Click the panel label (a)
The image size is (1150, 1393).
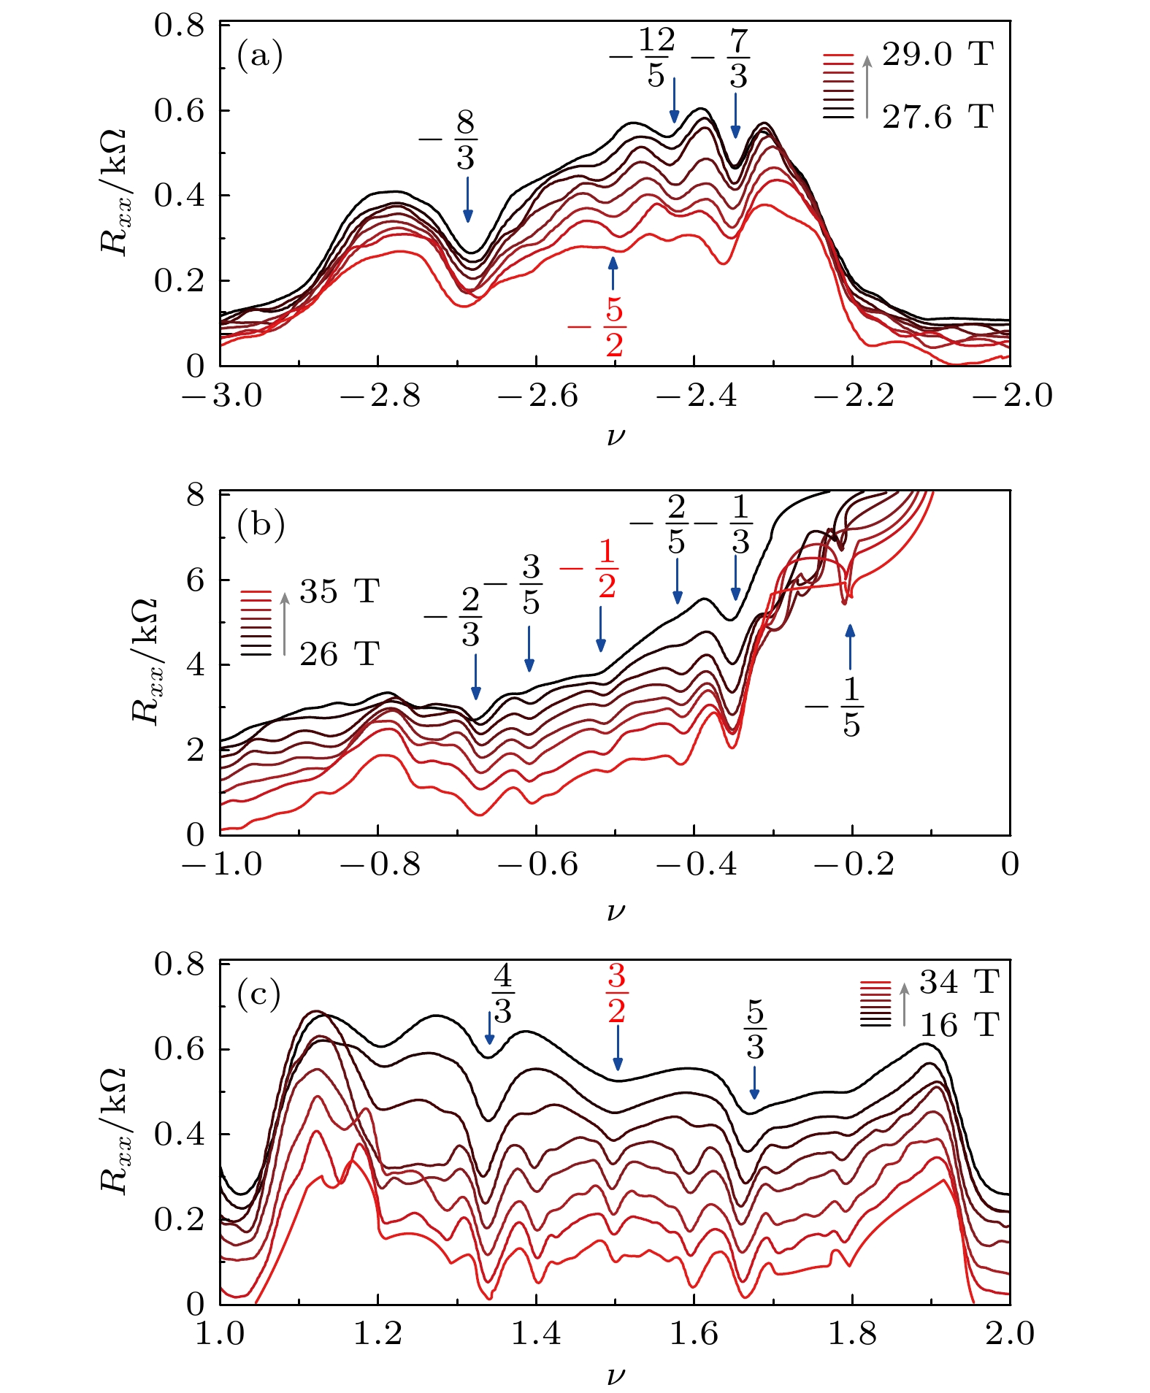click(x=259, y=56)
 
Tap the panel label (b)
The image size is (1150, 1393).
click(x=261, y=526)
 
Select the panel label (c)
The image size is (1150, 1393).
click(x=259, y=994)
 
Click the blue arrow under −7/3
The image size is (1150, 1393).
click(x=735, y=116)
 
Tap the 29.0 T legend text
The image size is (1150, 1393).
click(x=938, y=54)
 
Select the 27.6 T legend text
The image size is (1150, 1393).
click(x=938, y=117)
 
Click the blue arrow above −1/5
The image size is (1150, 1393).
click(x=849, y=647)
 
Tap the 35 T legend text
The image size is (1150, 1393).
click(x=339, y=591)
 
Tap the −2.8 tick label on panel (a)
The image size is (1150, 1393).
click(x=380, y=396)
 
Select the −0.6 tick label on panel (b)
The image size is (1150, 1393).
click(x=537, y=866)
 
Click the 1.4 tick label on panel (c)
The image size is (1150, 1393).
click(x=537, y=1335)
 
